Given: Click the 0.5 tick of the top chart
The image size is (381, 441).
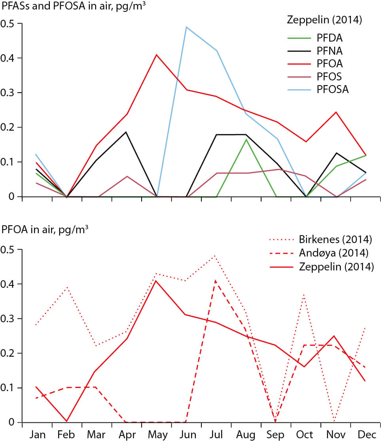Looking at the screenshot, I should [x=8, y=23].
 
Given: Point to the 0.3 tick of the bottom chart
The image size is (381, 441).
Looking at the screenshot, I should [x=8, y=319].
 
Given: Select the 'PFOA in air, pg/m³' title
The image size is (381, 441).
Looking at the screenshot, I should [x=44, y=230].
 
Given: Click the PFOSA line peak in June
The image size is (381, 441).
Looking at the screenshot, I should [x=186, y=27].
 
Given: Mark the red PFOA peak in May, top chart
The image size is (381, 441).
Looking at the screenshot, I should [x=156, y=55].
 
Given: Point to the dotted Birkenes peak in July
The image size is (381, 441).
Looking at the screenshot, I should [x=216, y=256].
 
